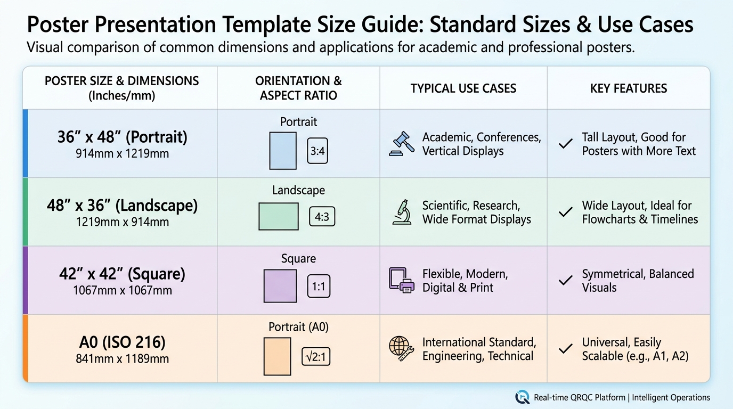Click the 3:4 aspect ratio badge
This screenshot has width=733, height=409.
[317, 151]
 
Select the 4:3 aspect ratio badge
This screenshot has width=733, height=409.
[322, 217]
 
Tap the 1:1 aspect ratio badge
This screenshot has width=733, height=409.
[319, 287]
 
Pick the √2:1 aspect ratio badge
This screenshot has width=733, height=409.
[316, 356]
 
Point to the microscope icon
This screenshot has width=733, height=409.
[401, 212]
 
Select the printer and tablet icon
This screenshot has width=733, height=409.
[401, 280]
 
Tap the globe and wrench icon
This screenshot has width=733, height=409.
[401, 349]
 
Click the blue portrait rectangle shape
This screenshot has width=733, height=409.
[283, 150]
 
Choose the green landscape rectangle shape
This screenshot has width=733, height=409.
[278, 216]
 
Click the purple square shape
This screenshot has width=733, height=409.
[280, 286]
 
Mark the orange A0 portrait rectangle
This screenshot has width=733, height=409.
[277, 355]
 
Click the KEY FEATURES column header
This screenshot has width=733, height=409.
[629, 88]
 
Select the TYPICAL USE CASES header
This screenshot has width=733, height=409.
[463, 88]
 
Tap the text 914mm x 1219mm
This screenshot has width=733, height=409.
[123, 154]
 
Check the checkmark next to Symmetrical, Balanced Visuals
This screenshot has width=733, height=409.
[565, 280]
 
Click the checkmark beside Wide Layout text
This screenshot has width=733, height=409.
[565, 212]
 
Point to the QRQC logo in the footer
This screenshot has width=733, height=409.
[522, 397]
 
